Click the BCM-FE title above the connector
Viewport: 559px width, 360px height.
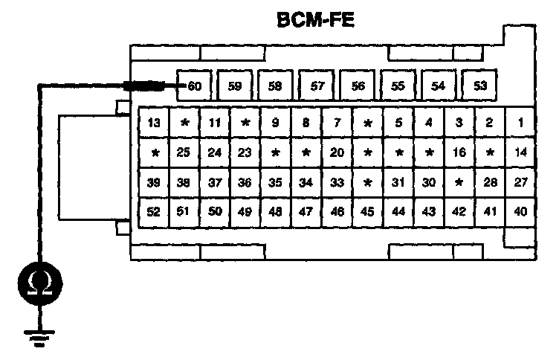tap(315, 20)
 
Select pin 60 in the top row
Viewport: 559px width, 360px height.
tap(195, 86)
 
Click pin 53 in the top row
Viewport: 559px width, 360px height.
tap(480, 86)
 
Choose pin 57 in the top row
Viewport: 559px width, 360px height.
tap(317, 86)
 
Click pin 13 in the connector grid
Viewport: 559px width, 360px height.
tap(154, 122)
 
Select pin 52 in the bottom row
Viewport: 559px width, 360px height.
tap(154, 212)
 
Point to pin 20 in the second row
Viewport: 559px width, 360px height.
tap(337, 152)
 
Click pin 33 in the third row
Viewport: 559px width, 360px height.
tap(337, 182)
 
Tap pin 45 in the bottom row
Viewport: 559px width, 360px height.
tap(367, 212)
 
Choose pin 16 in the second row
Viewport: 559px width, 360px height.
tap(459, 152)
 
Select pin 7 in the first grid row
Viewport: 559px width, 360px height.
tap(337, 122)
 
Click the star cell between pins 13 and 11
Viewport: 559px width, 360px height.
tap(184, 122)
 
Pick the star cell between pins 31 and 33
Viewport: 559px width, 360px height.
tap(367, 182)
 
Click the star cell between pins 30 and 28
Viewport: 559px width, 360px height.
tap(459, 182)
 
